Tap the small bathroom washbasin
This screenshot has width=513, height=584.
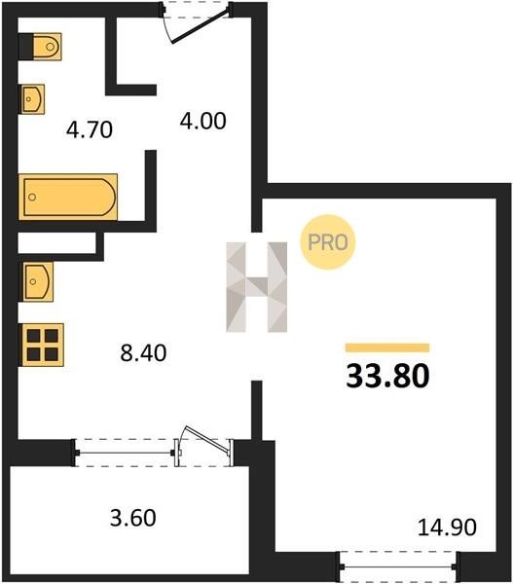click(x=32, y=99)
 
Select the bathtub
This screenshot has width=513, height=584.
click(x=68, y=197)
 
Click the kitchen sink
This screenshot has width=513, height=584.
click(x=38, y=281)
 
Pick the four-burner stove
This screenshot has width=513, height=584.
click(x=42, y=345)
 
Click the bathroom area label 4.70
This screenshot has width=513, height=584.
click(x=90, y=130)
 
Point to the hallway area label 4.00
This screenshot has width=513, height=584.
click(x=203, y=122)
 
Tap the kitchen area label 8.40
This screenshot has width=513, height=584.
click(x=143, y=353)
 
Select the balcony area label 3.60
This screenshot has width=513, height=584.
click(x=133, y=518)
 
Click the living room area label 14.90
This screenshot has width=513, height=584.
click(x=447, y=528)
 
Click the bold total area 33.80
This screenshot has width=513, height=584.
click(x=387, y=376)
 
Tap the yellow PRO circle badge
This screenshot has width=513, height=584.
click(x=328, y=242)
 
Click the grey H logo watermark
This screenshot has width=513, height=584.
click(x=257, y=287)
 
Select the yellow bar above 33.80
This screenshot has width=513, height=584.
click(x=387, y=347)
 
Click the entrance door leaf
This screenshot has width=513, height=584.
click(x=200, y=26)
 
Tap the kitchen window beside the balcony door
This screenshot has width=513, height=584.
click(x=126, y=453)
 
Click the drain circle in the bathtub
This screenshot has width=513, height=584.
click(x=32, y=197)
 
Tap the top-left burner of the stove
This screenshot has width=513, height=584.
click(x=33, y=336)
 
